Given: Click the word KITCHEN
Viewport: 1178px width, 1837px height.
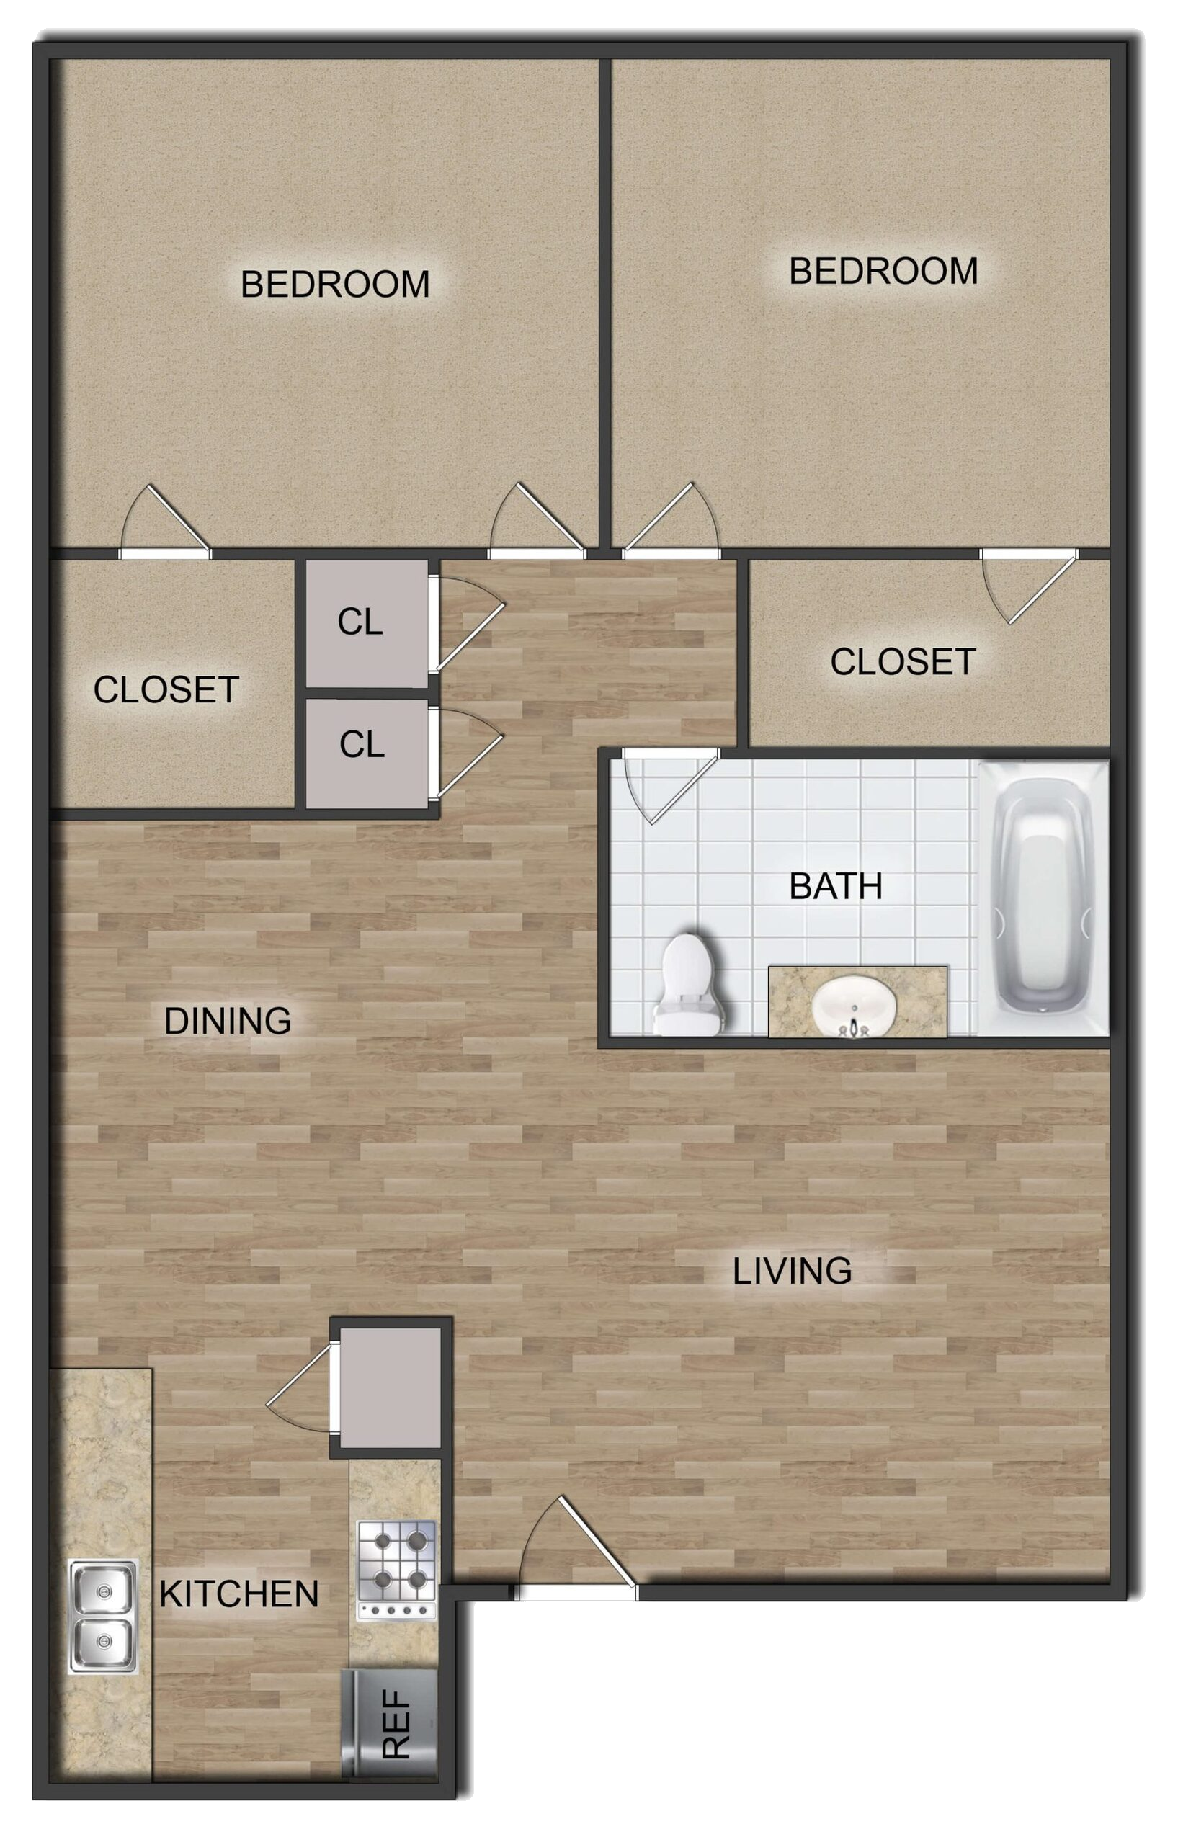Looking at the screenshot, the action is tap(238, 1594).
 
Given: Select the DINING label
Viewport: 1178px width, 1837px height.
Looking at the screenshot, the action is tap(228, 1021).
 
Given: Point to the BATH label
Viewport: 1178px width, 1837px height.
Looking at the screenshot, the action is tap(835, 886).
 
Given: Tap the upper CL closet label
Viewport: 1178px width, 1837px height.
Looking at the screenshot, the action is tap(360, 622).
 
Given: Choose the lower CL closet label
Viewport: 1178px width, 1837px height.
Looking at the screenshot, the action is tap(362, 744).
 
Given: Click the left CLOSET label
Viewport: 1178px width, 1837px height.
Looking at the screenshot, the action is tap(166, 690).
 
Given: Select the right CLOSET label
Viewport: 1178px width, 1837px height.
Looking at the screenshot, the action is tap(903, 662).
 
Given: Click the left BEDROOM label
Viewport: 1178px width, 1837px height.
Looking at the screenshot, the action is tap(335, 285).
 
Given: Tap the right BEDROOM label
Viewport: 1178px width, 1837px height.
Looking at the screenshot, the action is tap(883, 272).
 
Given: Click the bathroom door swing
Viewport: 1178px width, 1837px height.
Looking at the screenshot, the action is tap(671, 786).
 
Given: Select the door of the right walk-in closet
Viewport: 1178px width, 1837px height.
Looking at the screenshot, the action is tap(1029, 586).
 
